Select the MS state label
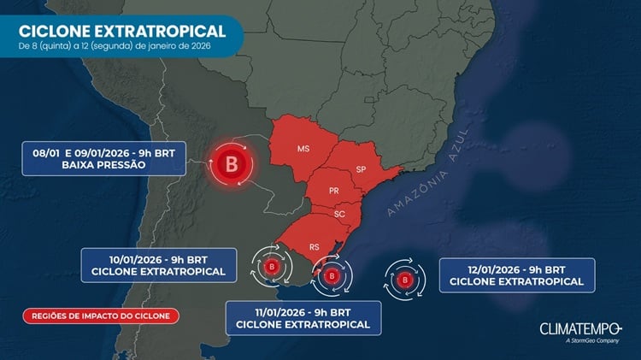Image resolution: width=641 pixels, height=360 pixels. (303, 150)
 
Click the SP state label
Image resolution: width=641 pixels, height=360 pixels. (361, 168)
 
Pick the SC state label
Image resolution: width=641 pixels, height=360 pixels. (339, 214)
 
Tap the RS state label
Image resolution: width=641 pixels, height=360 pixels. (315, 246)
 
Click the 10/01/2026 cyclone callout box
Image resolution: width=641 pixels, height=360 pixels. (158, 264)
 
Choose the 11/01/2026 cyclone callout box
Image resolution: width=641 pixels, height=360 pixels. (303, 316)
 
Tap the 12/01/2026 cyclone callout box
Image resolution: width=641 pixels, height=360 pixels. (516, 273)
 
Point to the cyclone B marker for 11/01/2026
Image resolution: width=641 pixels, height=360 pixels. (331, 276)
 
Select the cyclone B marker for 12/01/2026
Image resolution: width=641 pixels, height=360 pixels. (406, 278)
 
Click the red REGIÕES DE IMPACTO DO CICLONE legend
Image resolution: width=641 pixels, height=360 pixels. (102, 316)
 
